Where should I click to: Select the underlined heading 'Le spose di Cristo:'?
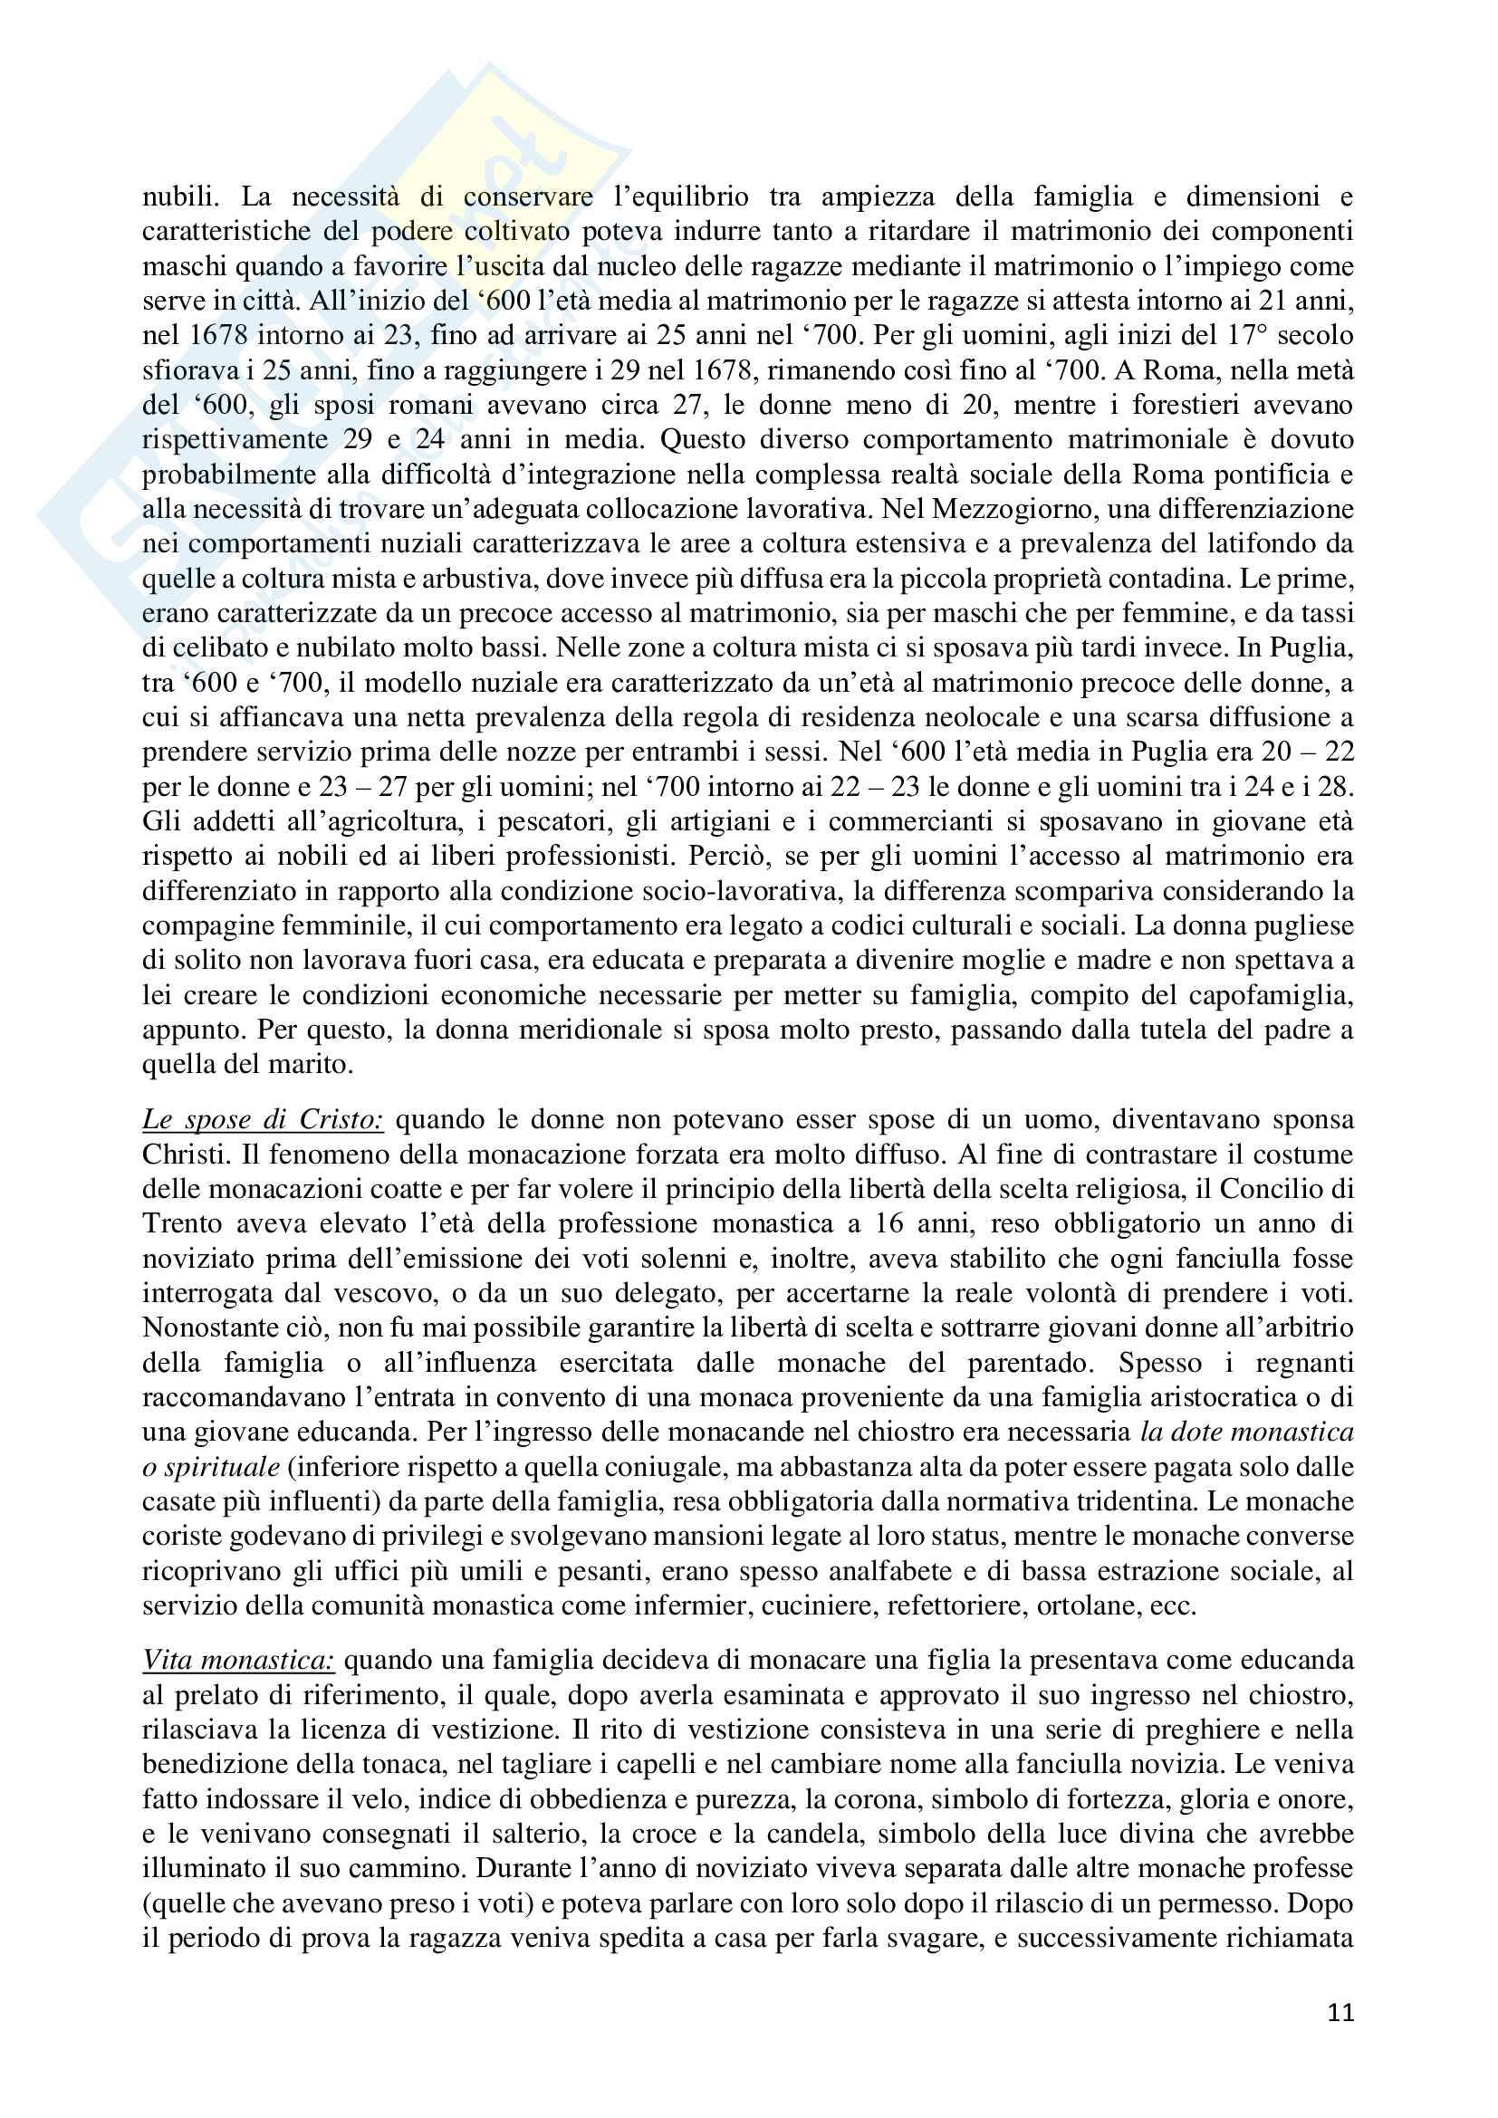(x=262, y=1120)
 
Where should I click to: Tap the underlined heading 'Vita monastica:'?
(x=238, y=1661)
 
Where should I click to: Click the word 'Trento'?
(x=180, y=1224)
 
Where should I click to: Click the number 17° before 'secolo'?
(x=1251, y=335)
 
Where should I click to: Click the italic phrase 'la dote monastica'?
(x=1246, y=1433)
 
